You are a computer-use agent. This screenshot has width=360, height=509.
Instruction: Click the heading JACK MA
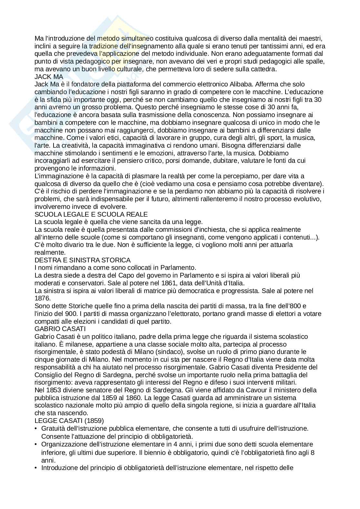pos(49,77)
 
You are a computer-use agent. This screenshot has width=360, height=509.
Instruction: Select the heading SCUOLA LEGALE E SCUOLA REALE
pos(91,214)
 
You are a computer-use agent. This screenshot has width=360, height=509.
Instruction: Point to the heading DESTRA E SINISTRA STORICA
pos(82,260)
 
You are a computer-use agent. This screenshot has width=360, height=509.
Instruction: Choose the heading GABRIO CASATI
pos(60,329)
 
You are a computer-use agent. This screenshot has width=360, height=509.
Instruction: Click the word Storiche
pos(76,306)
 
